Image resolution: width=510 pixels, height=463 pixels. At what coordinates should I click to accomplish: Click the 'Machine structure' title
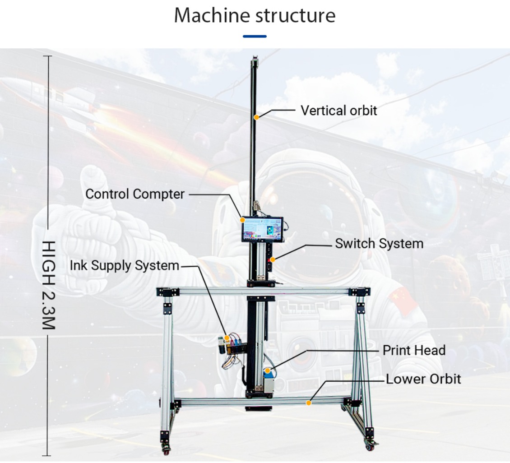[255, 15]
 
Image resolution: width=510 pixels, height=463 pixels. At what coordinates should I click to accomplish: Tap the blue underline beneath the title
[255, 37]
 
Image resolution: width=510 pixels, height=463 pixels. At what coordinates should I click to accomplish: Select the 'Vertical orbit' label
[338, 111]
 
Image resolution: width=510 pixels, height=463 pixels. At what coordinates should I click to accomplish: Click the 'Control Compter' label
[135, 194]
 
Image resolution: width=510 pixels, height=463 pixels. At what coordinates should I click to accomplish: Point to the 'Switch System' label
[379, 244]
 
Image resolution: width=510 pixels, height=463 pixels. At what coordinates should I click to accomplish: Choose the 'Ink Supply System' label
[124, 266]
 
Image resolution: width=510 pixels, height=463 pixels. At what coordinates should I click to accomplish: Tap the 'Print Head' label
[414, 350]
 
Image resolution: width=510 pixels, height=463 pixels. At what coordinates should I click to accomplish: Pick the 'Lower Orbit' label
[423, 379]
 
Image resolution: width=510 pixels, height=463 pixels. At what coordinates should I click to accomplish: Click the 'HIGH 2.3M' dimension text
[49, 285]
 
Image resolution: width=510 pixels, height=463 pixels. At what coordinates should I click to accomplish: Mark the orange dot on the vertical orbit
[257, 117]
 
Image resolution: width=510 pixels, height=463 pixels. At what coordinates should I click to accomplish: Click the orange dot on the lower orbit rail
[308, 403]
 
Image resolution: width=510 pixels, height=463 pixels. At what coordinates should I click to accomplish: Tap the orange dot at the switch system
[273, 259]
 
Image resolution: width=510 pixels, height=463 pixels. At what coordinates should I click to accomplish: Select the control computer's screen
[262, 229]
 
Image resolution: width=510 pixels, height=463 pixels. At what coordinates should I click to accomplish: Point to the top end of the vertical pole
[255, 58]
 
